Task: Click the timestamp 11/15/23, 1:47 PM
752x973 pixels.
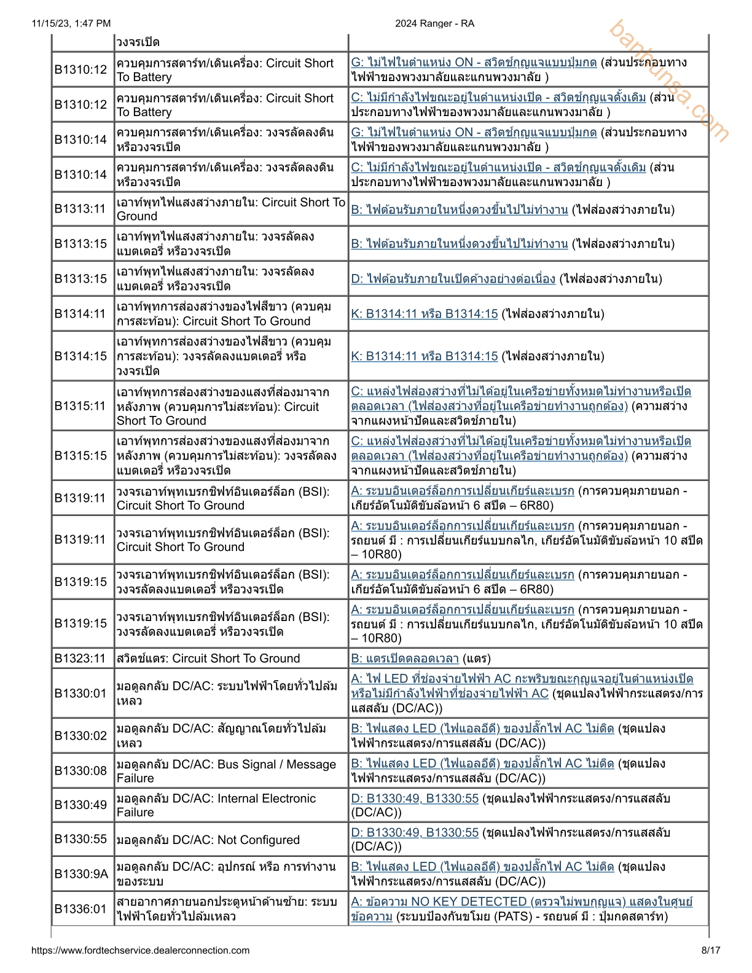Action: coord(71,23)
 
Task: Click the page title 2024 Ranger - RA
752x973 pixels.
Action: coord(434,23)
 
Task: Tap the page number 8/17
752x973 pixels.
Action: coord(711,950)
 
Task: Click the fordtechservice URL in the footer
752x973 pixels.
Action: coord(141,950)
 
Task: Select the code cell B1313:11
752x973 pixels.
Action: coord(80,209)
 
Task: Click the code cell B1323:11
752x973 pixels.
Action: coord(80,658)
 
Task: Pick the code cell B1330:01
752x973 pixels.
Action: coord(80,694)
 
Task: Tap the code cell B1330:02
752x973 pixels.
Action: coord(80,735)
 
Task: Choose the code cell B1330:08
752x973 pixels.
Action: coord(80,771)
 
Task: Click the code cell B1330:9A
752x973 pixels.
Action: coord(81,873)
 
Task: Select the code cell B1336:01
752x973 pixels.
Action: coord(80,909)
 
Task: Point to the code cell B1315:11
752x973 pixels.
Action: coord(80,405)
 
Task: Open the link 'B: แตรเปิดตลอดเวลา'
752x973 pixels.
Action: coord(405,658)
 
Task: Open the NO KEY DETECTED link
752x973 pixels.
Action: coord(521,902)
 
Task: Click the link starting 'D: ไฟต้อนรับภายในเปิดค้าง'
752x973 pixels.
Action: coord(453,279)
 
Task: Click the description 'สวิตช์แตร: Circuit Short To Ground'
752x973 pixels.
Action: coord(208,658)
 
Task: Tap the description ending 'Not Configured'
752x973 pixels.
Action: coord(208,840)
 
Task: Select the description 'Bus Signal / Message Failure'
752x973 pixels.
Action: coord(226,771)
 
